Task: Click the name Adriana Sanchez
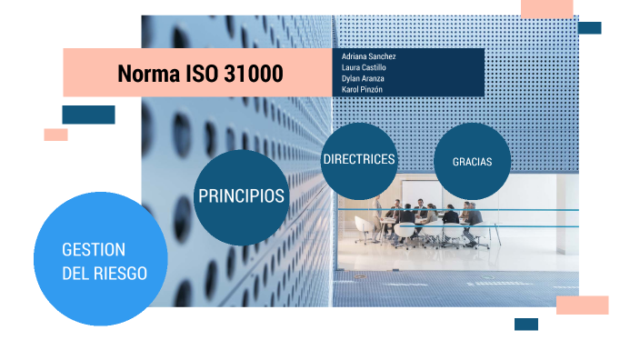click(x=368, y=56)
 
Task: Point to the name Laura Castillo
click(x=364, y=67)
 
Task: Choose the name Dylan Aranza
click(x=364, y=78)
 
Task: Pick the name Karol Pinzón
click(x=362, y=89)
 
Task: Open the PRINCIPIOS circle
click(x=241, y=196)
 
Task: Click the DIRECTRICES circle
click(x=359, y=159)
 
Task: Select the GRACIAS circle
click(x=472, y=161)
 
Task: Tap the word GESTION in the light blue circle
click(x=93, y=249)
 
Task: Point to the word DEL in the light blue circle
click(x=75, y=273)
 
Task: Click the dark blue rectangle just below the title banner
click(x=88, y=115)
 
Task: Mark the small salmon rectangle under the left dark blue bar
click(x=55, y=135)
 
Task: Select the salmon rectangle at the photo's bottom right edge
click(x=582, y=305)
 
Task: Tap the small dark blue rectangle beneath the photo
click(x=525, y=324)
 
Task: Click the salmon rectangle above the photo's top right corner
click(x=546, y=8)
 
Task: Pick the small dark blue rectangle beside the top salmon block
click(x=589, y=28)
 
